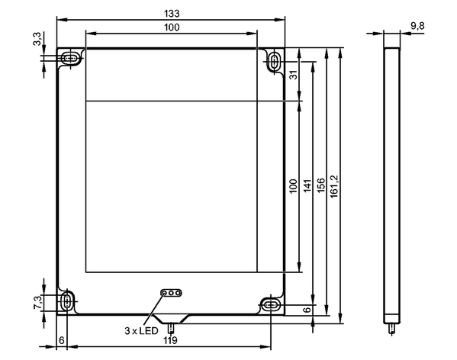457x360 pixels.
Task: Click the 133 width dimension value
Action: pyautogui.click(x=172, y=14)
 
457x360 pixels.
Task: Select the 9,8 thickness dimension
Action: pyautogui.click(x=417, y=26)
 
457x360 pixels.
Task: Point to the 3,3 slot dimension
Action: pyautogui.click(x=37, y=39)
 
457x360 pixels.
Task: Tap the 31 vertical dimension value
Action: pyautogui.click(x=294, y=75)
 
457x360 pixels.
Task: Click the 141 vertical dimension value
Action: pyautogui.click(x=307, y=185)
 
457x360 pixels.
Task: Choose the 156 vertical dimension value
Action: pyautogui.click(x=320, y=185)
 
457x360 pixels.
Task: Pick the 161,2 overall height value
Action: pyautogui.click(x=333, y=186)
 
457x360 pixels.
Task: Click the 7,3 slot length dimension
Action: pyautogui.click(x=37, y=303)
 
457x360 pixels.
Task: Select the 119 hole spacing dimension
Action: pyautogui.click(x=170, y=340)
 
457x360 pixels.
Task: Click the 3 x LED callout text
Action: pyautogui.click(x=142, y=331)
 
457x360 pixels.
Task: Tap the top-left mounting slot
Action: pyautogui.click(x=70, y=58)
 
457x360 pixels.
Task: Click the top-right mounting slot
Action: pyautogui.click(x=274, y=62)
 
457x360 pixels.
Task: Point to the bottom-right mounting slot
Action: pyautogui.click(x=271, y=305)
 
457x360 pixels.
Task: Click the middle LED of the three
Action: pyautogui.click(x=172, y=292)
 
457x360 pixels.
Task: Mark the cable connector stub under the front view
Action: pyautogui.click(x=171, y=328)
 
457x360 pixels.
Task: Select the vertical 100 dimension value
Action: pyautogui.click(x=293, y=185)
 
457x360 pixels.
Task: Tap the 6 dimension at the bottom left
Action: pyautogui.click(x=62, y=340)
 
